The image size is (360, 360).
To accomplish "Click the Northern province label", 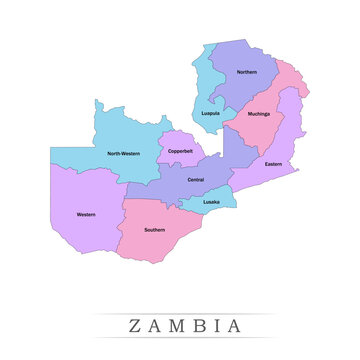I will click(246, 72).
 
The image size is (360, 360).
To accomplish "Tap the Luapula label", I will click(210, 113).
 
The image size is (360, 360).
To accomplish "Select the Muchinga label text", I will click(258, 113).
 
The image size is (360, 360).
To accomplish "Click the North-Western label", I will click(124, 153).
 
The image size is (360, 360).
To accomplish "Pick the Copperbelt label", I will click(182, 152).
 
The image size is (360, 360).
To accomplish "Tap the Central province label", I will click(196, 179).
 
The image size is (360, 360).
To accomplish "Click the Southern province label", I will click(154, 229).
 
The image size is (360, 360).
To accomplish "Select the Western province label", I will click(86, 214).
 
